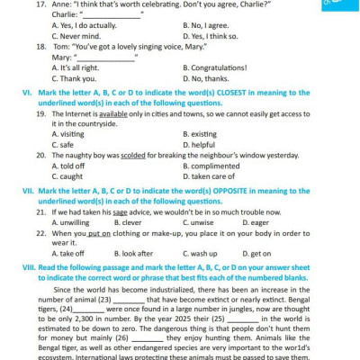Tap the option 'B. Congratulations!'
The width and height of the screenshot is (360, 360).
pyautogui.click(x=214, y=67)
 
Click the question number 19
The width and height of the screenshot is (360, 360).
pyautogui.click(x=41, y=113)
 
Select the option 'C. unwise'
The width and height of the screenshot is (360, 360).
pyautogui.click(x=198, y=221)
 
